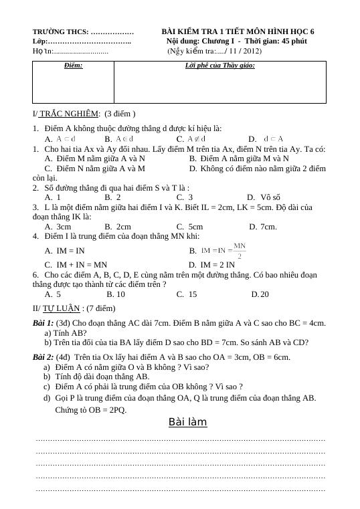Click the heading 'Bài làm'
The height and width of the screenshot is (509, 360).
coord(187,422)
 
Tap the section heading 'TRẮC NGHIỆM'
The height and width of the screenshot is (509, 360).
coord(70,114)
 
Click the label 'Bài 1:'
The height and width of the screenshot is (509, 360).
coord(43,323)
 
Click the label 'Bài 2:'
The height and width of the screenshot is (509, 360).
coord(43,357)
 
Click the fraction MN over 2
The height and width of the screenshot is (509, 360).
coord(240,251)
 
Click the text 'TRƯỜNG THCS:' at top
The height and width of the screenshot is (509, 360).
coord(60,31)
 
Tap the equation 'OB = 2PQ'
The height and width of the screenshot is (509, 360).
coord(109,409)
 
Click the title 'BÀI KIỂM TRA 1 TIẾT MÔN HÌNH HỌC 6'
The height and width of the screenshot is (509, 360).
coord(238,31)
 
